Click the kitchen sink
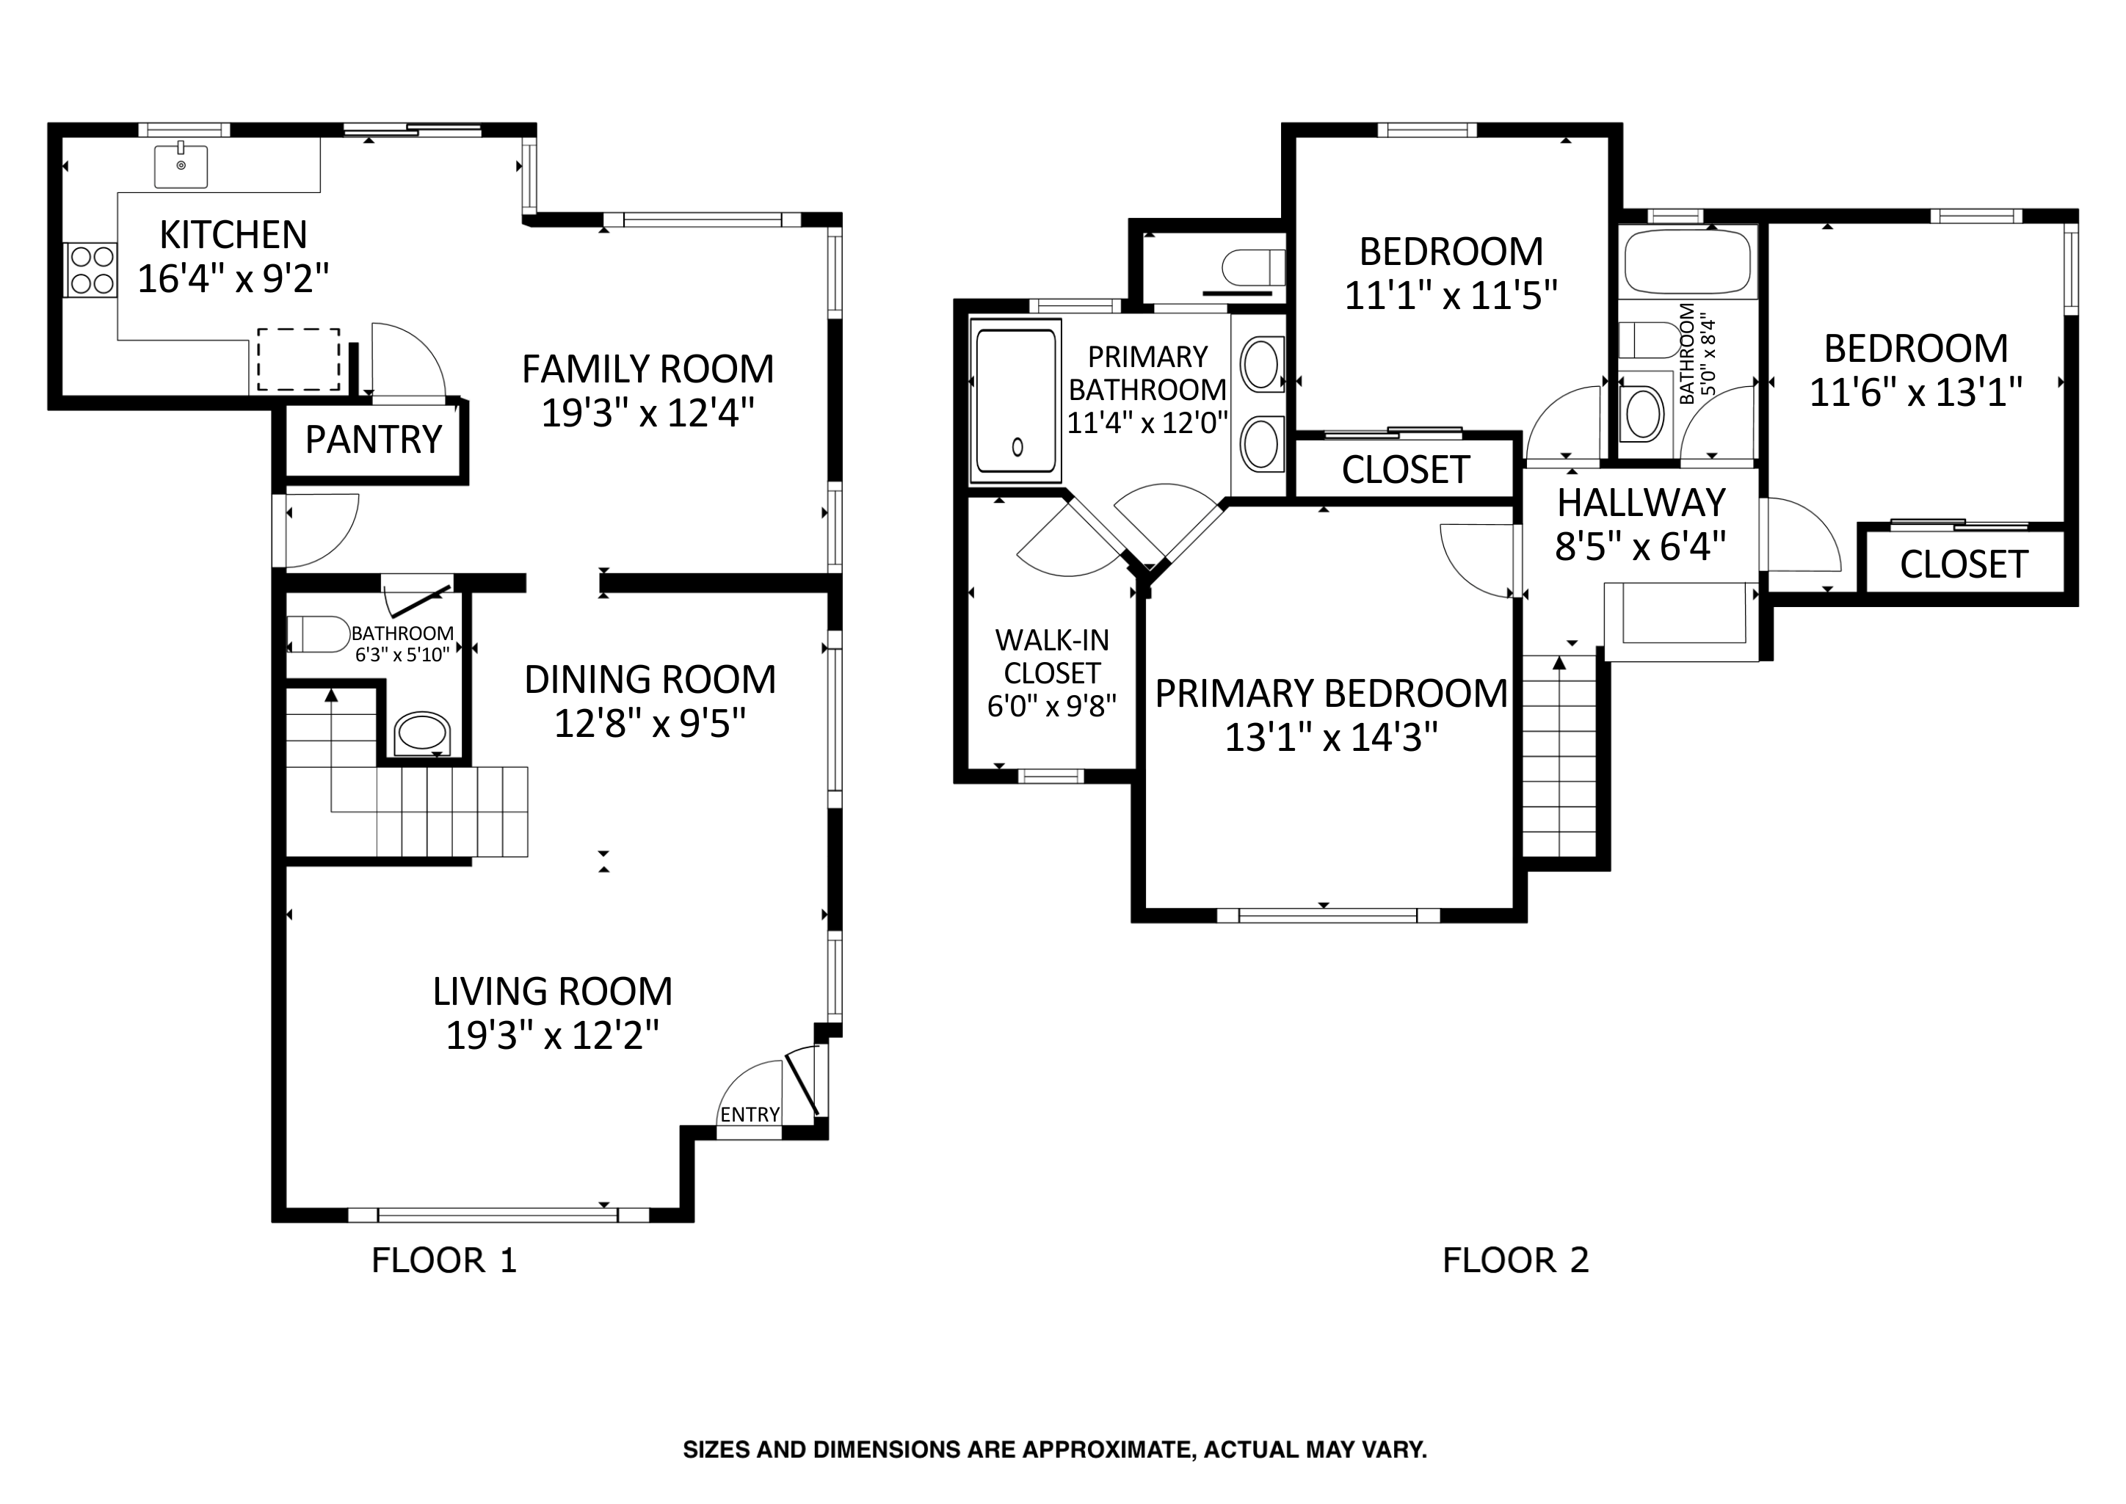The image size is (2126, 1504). click(181, 167)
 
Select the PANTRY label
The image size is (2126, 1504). click(374, 440)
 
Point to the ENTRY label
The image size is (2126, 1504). click(750, 1115)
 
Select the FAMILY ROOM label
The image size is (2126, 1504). click(648, 369)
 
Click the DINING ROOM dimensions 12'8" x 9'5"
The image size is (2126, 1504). click(650, 723)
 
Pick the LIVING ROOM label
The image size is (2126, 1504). click(553, 992)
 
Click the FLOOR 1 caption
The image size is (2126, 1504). click(444, 1260)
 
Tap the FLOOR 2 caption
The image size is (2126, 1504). click(1516, 1260)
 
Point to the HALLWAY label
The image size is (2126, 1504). click(1641, 503)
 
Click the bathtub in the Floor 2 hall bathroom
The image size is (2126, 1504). click(1688, 261)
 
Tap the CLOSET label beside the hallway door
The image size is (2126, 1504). click(1406, 471)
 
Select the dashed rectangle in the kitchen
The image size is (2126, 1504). click(298, 360)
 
